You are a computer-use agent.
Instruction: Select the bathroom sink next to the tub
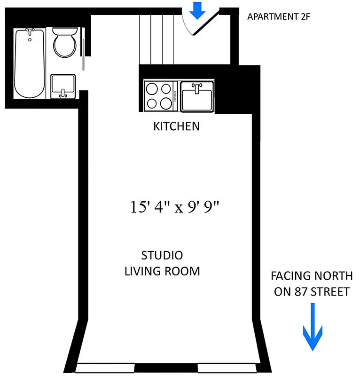[x=63, y=86]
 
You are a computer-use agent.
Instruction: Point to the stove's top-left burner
[x=153, y=88]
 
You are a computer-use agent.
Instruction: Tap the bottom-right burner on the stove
[x=166, y=103]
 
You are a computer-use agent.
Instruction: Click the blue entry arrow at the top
[x=197, y=10]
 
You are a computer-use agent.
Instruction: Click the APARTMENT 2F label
[x=279, y=17]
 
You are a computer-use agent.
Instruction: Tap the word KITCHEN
[x=176, y=126]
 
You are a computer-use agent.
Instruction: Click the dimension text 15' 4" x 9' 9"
[x=175, y=207]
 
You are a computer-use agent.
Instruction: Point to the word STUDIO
[x=162, y=256]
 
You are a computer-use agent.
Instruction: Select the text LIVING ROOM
[x=162, y=271]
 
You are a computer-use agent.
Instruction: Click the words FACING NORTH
[x=312, y=276]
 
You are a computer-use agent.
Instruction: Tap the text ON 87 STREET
[x=312, y=292]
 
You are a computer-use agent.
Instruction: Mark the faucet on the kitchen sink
[x=197, y=87]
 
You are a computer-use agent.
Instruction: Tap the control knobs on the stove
[x=175, y=96]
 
